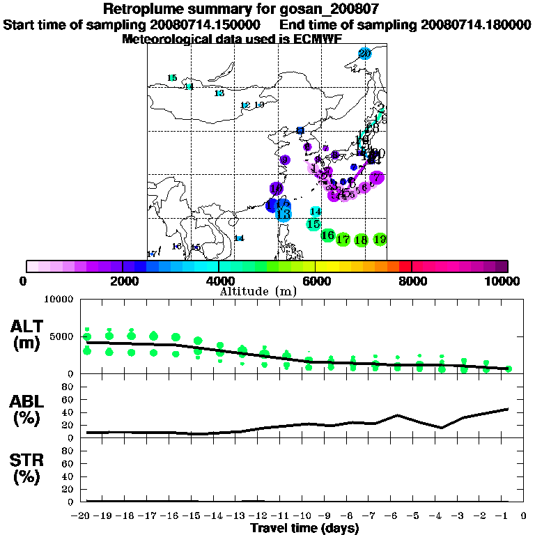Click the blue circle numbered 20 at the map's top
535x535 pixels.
tap(364, 54)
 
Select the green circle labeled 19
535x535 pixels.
tap(380, 239)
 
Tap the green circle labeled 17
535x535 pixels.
tap(343, 240)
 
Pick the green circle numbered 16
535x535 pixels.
tap(327, 235)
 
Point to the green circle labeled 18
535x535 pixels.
tap(361, 240)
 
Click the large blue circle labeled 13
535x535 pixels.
tap(283, 214)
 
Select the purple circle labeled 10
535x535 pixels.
tap(276, 189)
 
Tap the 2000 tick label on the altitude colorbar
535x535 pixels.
tap(122, 281)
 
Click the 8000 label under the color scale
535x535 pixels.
tap(412, 281)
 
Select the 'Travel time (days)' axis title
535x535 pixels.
tap(304, 529)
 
